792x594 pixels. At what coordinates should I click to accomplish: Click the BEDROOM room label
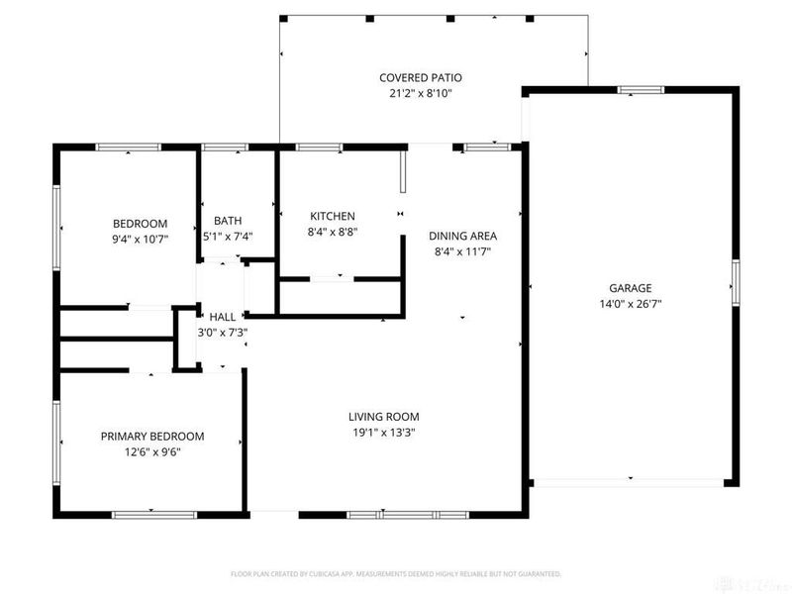pyautogui.click(x=140, y=224)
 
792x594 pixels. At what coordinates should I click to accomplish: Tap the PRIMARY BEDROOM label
pyautogui.click(x=152, y=437)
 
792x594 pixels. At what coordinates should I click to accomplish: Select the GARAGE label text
pyautogui.click(x=630, y=289)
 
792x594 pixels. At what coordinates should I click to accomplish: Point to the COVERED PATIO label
pyautogui.click(x=421, y=77)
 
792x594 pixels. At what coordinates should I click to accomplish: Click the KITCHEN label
pyautogui.click(x=333, y=217)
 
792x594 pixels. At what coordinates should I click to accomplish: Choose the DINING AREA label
pyautogui.click(x=462, y=237)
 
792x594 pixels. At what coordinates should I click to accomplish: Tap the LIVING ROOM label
pyautogui.click(x=383, y=417)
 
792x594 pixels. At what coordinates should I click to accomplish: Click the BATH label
pyautogui.click(x=228, y=221)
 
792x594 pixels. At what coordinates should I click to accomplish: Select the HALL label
pyautogui.click(x=222, y=317)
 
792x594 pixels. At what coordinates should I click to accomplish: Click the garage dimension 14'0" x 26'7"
pyautogui.click(x=630, y=304)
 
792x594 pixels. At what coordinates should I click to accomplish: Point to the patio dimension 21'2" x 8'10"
pyautogui.click(x=421, y=93)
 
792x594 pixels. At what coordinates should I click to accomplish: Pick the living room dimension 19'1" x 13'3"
pyautogui.click(x=383, y=433)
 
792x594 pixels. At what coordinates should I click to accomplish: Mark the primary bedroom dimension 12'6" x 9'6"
pyautogui.click(x=152, y=451)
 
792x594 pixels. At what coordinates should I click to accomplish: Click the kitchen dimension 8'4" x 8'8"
pyautogui.click(x=333, y=232)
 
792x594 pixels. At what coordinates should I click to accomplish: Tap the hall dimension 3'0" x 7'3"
pyautogui.click(x=222, y=333)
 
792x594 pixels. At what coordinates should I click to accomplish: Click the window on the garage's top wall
pyautogui.click(x=641, y=91)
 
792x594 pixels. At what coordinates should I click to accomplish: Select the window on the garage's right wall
pyautogui.click(x=736, y=278)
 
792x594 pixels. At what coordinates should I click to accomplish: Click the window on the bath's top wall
pyautogui.click(x=225, y=148)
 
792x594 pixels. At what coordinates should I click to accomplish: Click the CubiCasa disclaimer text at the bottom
pyautogui.click(x=396, y=573)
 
